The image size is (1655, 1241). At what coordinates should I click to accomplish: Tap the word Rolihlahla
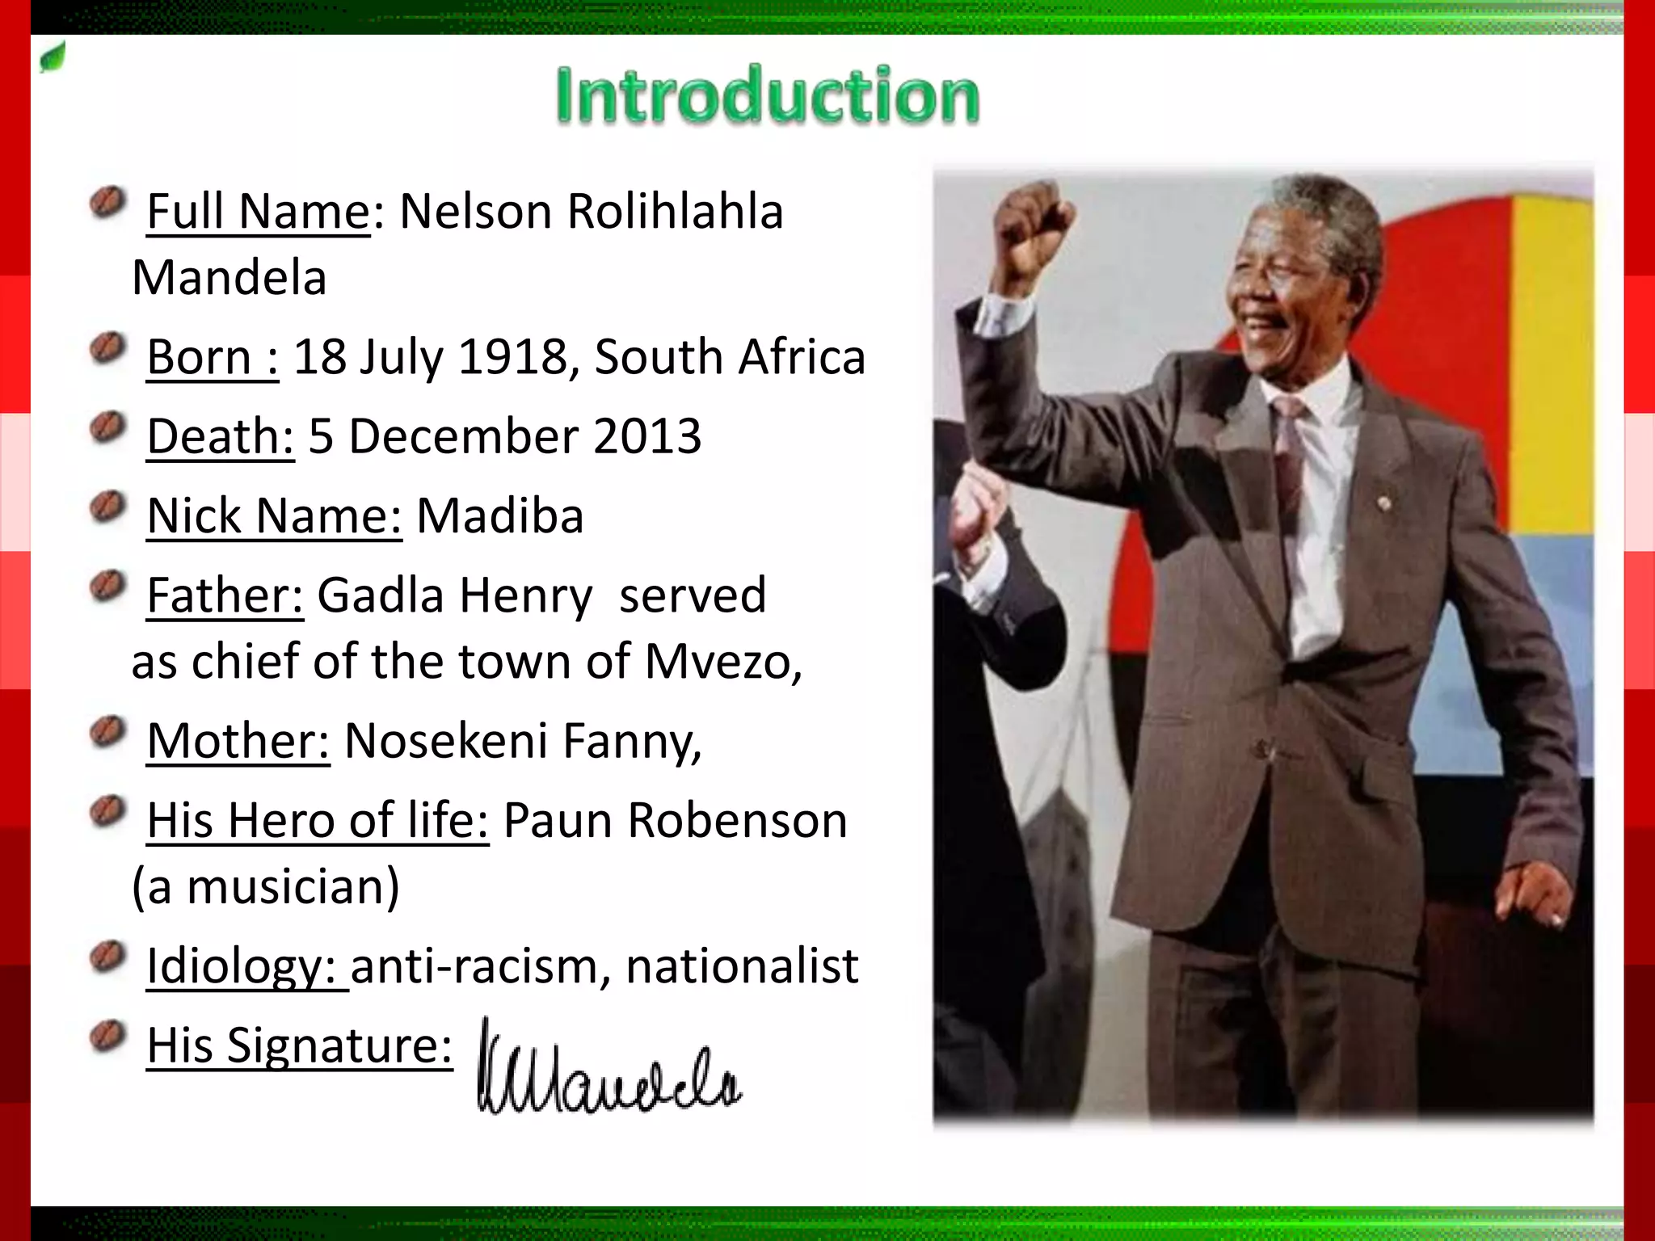(675, 212)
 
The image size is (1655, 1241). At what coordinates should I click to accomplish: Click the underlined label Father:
(225, 595)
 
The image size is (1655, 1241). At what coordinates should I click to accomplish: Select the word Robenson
(737, 820)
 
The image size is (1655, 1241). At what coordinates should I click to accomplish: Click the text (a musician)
(265, 886)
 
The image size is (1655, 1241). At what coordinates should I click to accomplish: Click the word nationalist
(742, 965)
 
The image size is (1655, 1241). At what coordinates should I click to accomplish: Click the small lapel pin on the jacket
(1383, 503)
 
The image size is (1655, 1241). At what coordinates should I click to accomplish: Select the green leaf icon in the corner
(53, 58)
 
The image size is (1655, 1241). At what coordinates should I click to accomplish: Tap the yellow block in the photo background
(1552, 364)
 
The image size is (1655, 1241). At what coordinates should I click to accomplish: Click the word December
(463, 436)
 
